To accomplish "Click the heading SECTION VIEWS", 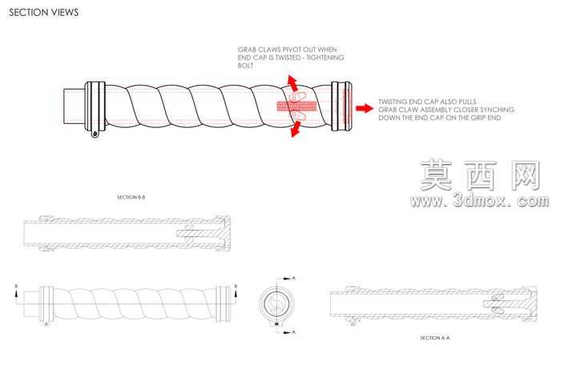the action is (43, 13).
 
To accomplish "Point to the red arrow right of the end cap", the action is (365, 108).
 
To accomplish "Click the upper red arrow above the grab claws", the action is (292, 83).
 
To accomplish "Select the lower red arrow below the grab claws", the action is (296, 129).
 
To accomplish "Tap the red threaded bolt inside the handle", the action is (296, 106).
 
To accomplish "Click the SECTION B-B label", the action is (131, 197).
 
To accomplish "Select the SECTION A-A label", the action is (435, 338).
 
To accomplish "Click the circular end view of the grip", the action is (276, 304).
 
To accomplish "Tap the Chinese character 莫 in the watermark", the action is (436, 175).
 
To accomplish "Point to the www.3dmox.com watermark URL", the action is (479, 201).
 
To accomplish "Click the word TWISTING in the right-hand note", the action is (392, 102).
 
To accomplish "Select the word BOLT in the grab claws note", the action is (245, 66).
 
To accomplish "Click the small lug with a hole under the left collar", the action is (95, 134).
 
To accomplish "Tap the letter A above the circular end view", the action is (294, 278).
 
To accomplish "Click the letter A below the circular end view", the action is (294, 332).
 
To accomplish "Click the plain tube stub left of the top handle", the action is (75, 106).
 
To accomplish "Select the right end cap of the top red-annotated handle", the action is (341, 106).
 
